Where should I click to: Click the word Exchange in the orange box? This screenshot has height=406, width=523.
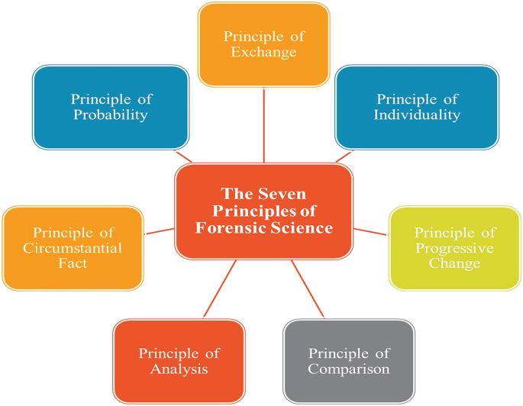(x=263, y=53)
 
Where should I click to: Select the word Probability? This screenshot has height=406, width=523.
(x=111, y=115)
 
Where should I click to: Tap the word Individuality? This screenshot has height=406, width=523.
(x=417, y=115)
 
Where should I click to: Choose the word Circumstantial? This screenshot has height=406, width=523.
(x=73, y=248)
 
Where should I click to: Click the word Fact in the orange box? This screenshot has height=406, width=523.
(x=73, y=263)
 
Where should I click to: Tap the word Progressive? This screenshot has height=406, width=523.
(x=455, y=248)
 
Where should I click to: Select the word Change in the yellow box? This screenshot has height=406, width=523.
(x=455, y=263)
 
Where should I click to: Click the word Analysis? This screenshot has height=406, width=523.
(x=179, y=369)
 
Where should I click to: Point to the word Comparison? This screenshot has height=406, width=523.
(x=349, y=369)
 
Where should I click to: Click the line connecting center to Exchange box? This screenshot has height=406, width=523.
(x=263, y=126)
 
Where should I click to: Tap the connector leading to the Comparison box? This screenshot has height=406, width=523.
(x=308, y=290)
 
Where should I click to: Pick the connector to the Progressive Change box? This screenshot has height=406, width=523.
(x=371, y=231)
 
